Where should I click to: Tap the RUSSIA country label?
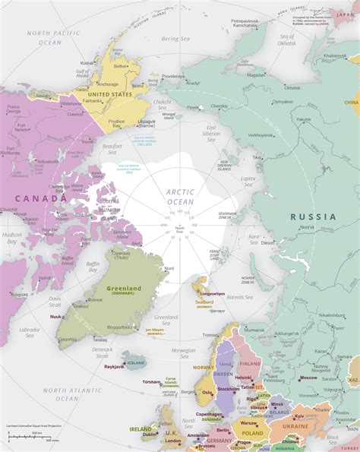(313, 217)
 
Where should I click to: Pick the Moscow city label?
(308, 378)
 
